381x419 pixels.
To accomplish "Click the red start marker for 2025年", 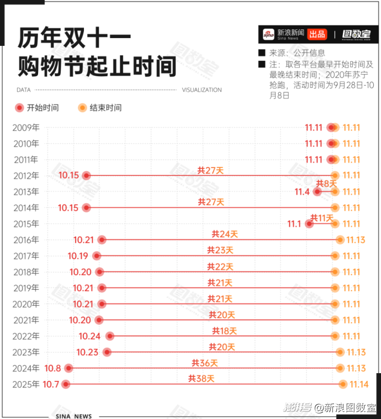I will [x=66, y=384].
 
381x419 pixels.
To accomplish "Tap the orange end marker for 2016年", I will [x=340, y=240].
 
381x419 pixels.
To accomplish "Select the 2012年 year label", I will [x=27, y=176].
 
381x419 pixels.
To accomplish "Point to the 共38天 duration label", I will [x=201, y=379].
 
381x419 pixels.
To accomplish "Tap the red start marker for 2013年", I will [x=317, y=192].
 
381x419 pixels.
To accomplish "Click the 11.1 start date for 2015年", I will [x=294, y=224].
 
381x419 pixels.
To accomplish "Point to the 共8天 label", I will [x=326, y=184].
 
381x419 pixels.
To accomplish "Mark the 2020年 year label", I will [x=27, y=304].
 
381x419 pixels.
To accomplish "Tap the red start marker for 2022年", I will [x=110, y=336].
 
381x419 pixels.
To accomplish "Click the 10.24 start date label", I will [x=89, y=336].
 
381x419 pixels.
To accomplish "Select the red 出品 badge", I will [x=317, y=34].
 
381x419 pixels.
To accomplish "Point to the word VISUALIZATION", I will [x=202, y=90].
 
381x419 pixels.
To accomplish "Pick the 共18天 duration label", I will [x=224, y=331].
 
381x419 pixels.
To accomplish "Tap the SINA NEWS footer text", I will [x=73, y=416].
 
